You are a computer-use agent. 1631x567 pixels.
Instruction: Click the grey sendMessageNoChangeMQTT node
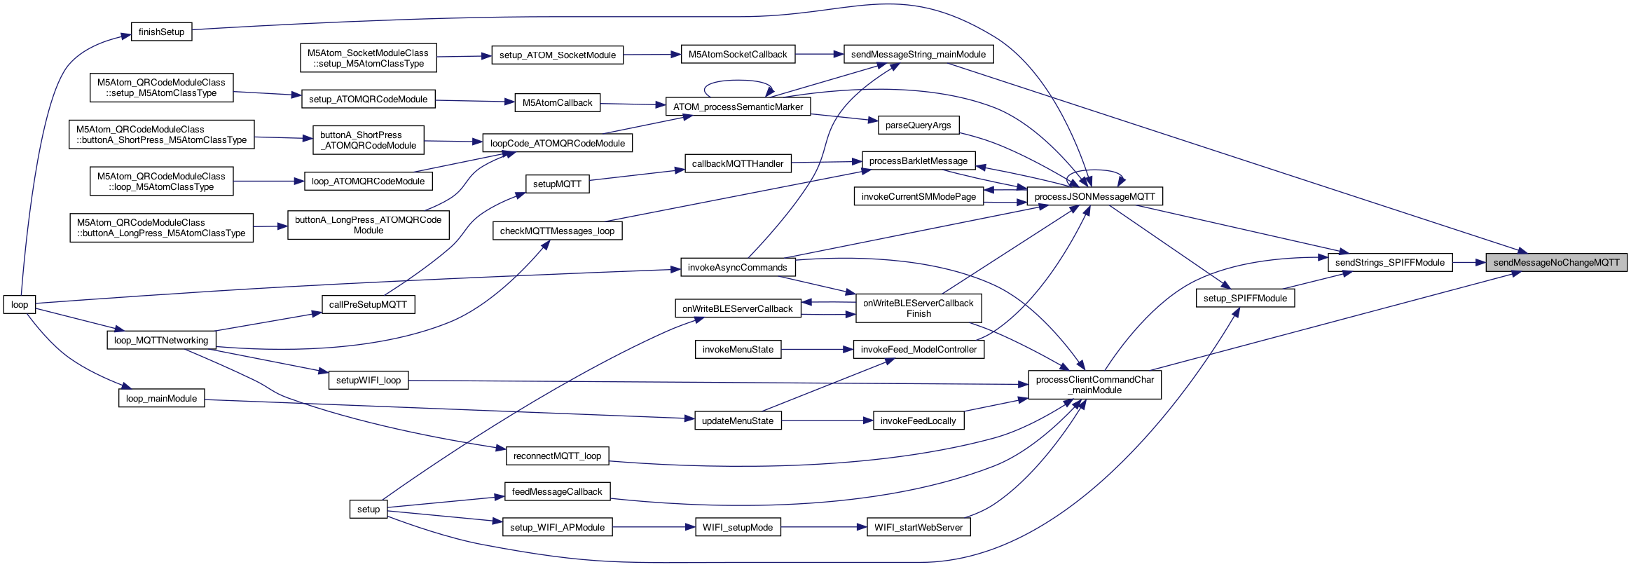pos(1556,263)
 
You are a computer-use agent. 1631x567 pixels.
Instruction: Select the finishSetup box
pos(161,32)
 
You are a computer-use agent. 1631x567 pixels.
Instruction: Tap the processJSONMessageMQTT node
pos(1094,197)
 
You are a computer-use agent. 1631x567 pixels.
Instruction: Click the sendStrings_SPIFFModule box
pos(1389,263)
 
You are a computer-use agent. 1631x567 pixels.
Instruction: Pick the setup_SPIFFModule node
pos(1245,299)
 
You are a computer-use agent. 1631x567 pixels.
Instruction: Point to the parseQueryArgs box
pos(918,125)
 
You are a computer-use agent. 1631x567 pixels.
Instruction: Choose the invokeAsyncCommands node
pos(737,268)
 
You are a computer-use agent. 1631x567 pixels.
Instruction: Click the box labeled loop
pos(20,305)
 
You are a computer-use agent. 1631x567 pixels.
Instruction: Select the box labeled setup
pos(368,510)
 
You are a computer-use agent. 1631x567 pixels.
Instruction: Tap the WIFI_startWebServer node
pos(918,528)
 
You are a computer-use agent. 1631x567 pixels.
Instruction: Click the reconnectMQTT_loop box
pos(557,456)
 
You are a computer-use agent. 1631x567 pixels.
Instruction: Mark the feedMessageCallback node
pos(557,492)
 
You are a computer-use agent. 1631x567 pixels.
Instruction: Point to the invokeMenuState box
pos(738,350)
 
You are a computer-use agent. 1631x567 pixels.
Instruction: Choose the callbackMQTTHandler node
pos(737,164)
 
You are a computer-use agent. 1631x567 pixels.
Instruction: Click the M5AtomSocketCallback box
pos(737,55)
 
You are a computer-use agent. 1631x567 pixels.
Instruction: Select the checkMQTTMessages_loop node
pos(557,231)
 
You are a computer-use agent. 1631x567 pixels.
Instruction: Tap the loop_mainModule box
pos(161,399)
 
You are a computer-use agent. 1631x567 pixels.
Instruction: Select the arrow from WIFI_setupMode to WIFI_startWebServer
pos(824,527)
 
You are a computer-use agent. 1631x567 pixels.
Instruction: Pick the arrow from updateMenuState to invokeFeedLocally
pos(827,421)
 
